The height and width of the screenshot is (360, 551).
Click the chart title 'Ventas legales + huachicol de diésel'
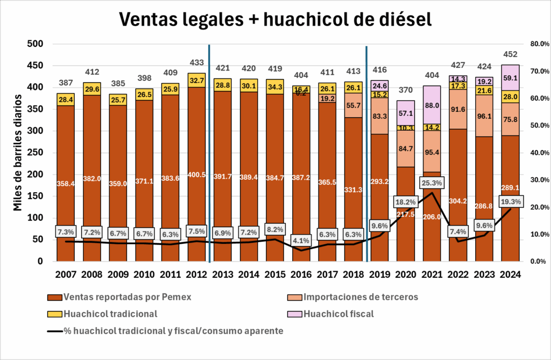(275, 19)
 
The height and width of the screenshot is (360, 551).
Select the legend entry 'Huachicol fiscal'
(338, 314)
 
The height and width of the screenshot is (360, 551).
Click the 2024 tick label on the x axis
(510, 274)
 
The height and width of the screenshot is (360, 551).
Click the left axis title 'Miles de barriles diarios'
(18, 152)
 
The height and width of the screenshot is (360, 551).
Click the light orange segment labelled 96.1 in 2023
(484, 116)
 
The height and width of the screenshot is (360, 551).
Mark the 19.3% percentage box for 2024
(510, 201)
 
